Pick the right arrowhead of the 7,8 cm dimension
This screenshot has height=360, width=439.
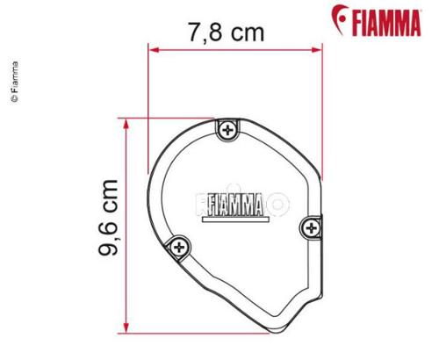[x=320, y=49]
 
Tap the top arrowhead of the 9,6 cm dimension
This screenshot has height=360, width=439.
[x=130, y=123]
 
